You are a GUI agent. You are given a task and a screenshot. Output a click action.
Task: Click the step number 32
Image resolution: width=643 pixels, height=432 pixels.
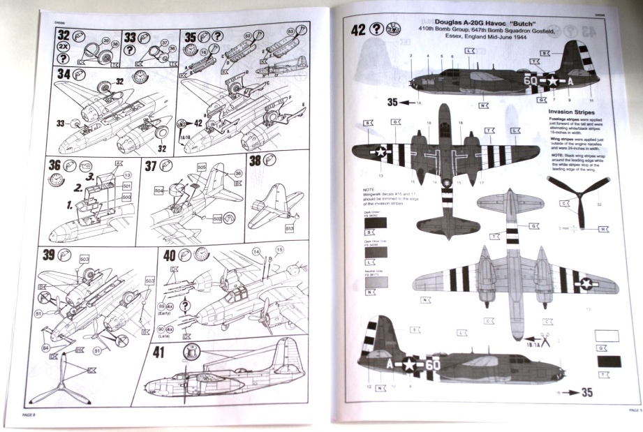(x=64, y=35)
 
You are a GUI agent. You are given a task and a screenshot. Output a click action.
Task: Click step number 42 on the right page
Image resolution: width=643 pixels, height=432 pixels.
(x=358, y=29)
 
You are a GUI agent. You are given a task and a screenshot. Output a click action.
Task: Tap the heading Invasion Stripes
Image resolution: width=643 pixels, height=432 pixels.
(x=570, y=111)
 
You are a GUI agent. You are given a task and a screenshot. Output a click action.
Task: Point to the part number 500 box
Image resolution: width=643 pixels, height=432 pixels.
(x=127, y=198)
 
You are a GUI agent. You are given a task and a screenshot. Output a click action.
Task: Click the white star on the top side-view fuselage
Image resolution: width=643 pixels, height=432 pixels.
(x=551, y=81)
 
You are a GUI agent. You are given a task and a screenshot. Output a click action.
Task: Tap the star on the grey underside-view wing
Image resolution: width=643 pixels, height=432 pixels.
(x=586, y=283)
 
